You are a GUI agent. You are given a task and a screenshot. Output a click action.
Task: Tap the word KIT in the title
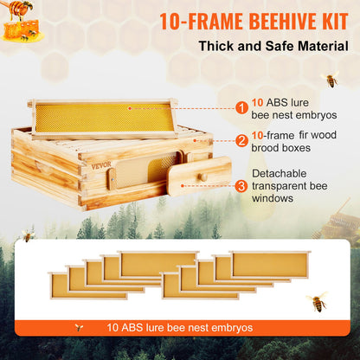click(324, 17)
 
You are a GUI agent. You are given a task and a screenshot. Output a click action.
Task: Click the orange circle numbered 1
click(243, 107)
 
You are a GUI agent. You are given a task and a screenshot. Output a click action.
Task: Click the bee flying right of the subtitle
click(331, 80)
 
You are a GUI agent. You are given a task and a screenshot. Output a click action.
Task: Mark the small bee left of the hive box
click(28, 235)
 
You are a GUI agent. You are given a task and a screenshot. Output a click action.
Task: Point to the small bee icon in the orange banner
click(80, 328)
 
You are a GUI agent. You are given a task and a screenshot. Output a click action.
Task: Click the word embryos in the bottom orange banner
click(228, 328)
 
